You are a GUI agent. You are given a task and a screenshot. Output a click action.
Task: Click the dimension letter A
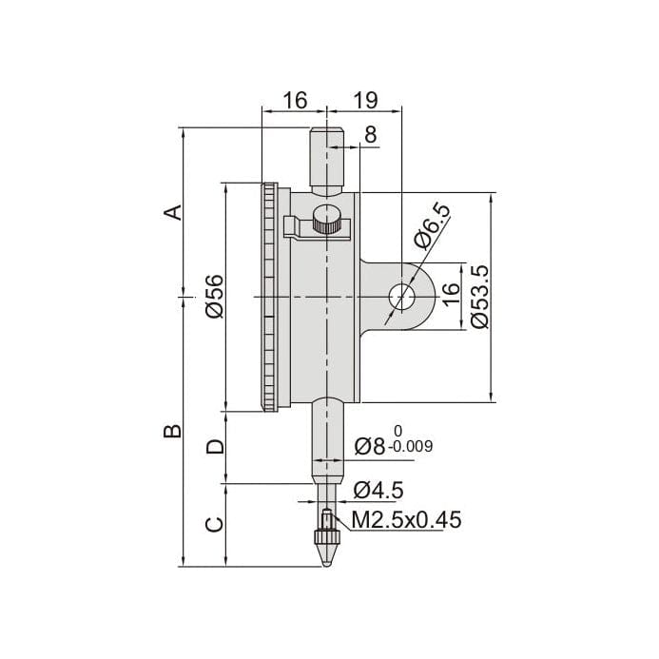[172, 210]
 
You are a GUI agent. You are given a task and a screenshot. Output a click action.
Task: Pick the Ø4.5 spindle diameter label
[378, 490]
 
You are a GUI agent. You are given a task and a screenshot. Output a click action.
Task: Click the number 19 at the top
[366, 100]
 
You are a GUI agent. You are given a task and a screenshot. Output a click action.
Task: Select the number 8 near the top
[370, 135]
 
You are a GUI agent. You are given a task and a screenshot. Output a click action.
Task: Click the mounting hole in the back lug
[402, 297]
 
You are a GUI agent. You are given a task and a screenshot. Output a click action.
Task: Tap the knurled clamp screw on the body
[328, 222]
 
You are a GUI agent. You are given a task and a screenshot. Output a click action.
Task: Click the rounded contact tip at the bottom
[327, 552]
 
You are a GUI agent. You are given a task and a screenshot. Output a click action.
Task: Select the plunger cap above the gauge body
[327, 156]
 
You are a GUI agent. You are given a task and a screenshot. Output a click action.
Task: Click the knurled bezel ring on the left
[270, 297]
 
